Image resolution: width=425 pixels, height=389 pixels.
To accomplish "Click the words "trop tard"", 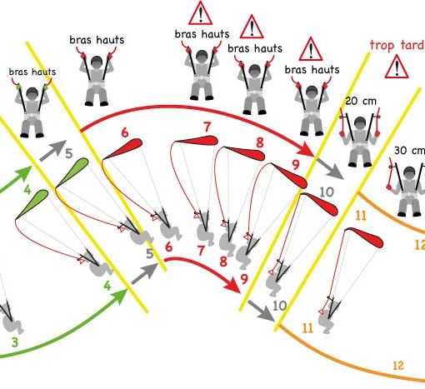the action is coord(397,45).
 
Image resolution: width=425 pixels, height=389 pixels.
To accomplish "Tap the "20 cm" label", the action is coord(361,101).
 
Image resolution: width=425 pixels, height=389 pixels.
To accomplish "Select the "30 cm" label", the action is coord(409,151).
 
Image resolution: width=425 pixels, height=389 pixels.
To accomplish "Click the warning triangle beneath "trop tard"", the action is coord(397,67).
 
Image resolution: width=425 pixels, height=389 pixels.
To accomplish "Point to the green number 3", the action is coord(15,342).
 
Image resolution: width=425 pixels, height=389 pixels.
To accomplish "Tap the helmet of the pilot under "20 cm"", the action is coord(360,123).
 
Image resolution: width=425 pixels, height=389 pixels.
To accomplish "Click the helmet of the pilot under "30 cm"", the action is coord(409,172).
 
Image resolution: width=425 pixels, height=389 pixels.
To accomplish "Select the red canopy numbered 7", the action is coord(195,141).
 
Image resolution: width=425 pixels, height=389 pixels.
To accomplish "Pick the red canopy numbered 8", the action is coord(244,153).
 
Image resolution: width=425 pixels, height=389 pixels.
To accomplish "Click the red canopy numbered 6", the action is coord(123,149).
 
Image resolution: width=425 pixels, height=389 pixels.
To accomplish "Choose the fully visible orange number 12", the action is coord(398,366).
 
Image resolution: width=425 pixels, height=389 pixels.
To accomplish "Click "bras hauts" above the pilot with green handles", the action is coord(32,72).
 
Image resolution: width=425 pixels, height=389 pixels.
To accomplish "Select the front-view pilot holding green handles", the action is coord(32,111).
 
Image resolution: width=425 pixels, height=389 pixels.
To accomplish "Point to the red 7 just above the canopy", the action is coord(207,127).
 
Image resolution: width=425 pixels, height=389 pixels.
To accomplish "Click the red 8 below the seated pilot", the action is coord(223,262).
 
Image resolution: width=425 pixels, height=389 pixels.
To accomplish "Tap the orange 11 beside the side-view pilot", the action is coord(307,328).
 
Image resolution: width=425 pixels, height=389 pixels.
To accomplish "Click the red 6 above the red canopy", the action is coord(125,132).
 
